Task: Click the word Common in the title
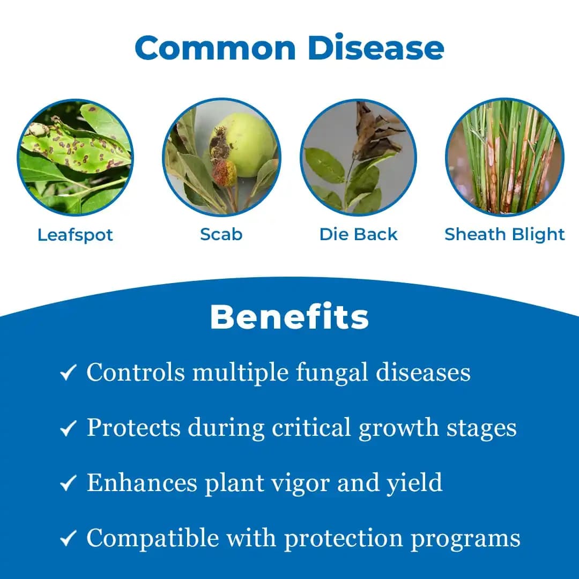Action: pyautogui.click(x=215, y=48)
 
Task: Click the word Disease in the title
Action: pyautogui.click(x=376, y=48)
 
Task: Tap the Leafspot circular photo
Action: pyautogui.click(x=75, y=158)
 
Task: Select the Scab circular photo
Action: pyautogui.click(x=221, y=158)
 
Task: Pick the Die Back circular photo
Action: pyautogui.click(x=358, y=158)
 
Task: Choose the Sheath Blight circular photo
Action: pyautogui.click(x=504, y=158)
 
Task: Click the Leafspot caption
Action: pyautogui.click(x=75, y=235)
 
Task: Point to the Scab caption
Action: pyautogui.click(x=221, y=234)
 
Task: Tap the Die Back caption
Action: pyautogui.click(x=358, y=234)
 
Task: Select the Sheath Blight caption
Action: pyautogui.click(x=504, y=234)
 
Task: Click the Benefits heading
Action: pyautogui.click(x=289, y=317)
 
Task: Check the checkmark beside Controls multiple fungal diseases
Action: pyautogui.click(x=68, y=373)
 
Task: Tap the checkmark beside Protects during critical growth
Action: pyautogui.click(x=68, y=429)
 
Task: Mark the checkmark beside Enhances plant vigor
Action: pyautogui.click(x=68, y=484)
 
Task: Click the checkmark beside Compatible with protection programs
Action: pyautogui.click(x=68, y=539)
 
